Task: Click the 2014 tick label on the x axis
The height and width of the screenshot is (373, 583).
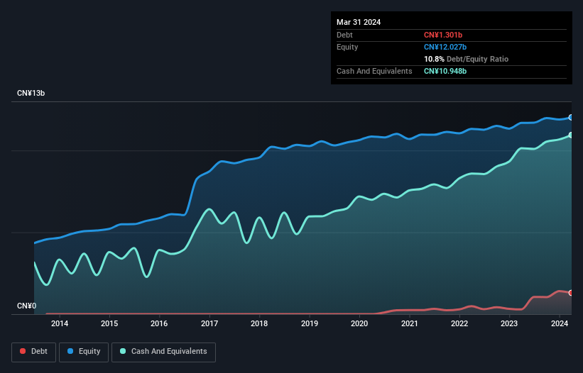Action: click(x=60, y=324)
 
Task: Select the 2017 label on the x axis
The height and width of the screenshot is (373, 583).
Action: click(x=209, y=324)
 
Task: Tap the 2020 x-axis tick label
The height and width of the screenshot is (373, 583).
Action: click(x=359, y=324)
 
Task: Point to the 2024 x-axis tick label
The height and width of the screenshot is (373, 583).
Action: click(x=560, y=324)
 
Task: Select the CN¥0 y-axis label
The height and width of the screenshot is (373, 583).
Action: click(x=26, y=306)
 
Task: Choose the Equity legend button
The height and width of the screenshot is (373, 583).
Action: click(x=83, y=351)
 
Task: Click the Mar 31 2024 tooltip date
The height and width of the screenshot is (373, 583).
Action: click(x=359, y=22)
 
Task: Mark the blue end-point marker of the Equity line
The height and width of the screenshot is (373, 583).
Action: click(x=571, y=118)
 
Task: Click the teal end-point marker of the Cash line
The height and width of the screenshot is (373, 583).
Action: click(x=571, y=135)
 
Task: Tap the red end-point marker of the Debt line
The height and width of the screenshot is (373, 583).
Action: click(x=571, y=293)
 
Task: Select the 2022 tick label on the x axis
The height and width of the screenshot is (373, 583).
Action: click(x=459, y=324)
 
